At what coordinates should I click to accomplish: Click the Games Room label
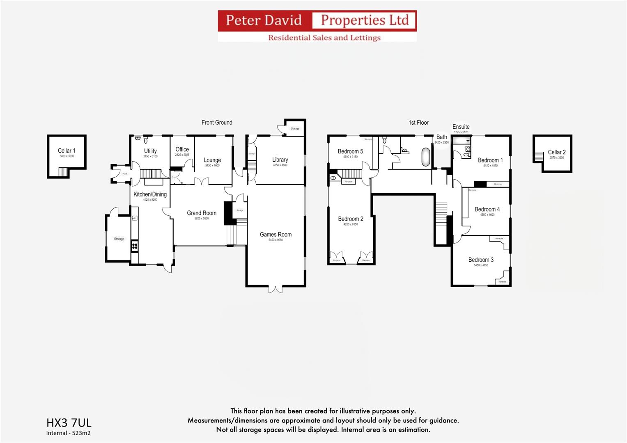pyautogui.click(x=276, y=235)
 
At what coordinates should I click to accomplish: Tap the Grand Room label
pyautogui.click(x=202, y=213)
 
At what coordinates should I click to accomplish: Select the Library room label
pyautogui.click(x=280, y=160)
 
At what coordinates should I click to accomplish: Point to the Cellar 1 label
pyautogui.click(x=67, y=151)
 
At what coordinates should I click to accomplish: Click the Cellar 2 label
pyautogui.click(x=556, y=152)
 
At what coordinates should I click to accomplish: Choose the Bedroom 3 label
pyautogui.click(x=481, y=260)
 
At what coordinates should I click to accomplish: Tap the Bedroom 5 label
pyautogui.click(x=350, y=151)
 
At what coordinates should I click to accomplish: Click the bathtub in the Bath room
pyautogui.click(x=426, y=157)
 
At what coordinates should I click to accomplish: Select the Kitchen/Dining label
pyautogui.click(x=150, y=194)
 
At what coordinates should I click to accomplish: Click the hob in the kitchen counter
pyautogui.click(x=134, y=246)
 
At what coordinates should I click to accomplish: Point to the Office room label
pyautogui.click(x=182, y=149)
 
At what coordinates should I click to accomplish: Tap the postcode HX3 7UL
pyautogui.click(x=69, y=422)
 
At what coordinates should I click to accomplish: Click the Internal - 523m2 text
pyautogui.click(x=68, y=433)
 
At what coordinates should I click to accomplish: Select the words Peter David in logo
pyautogui.click(x=264, y=20)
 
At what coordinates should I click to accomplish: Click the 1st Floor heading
pyautogui.click(x=418, y=123)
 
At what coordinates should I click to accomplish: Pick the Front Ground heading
pyautogui.click(x=217, y=123)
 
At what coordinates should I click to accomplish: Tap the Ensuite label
pyautogui.click(x=461, y=127)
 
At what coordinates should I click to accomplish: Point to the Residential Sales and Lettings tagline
pyautogui.click(x=324, y=38)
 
